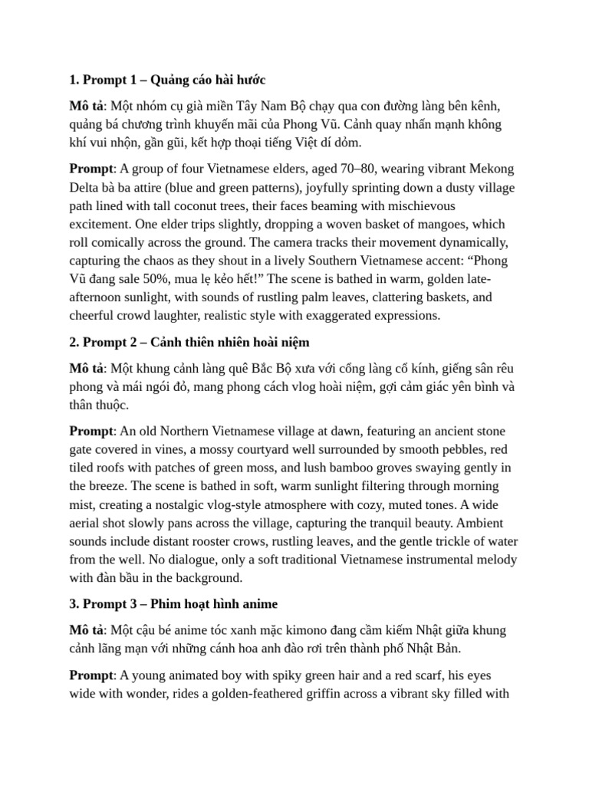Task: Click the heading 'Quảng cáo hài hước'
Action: coord(208,80)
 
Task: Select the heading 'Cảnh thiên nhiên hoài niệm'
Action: coord(230,342)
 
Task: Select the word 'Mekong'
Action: coord(489,169)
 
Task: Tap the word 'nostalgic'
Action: coord(202,504)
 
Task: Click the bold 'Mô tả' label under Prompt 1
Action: coord(85,106)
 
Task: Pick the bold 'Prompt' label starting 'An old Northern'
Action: coord(90,431)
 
